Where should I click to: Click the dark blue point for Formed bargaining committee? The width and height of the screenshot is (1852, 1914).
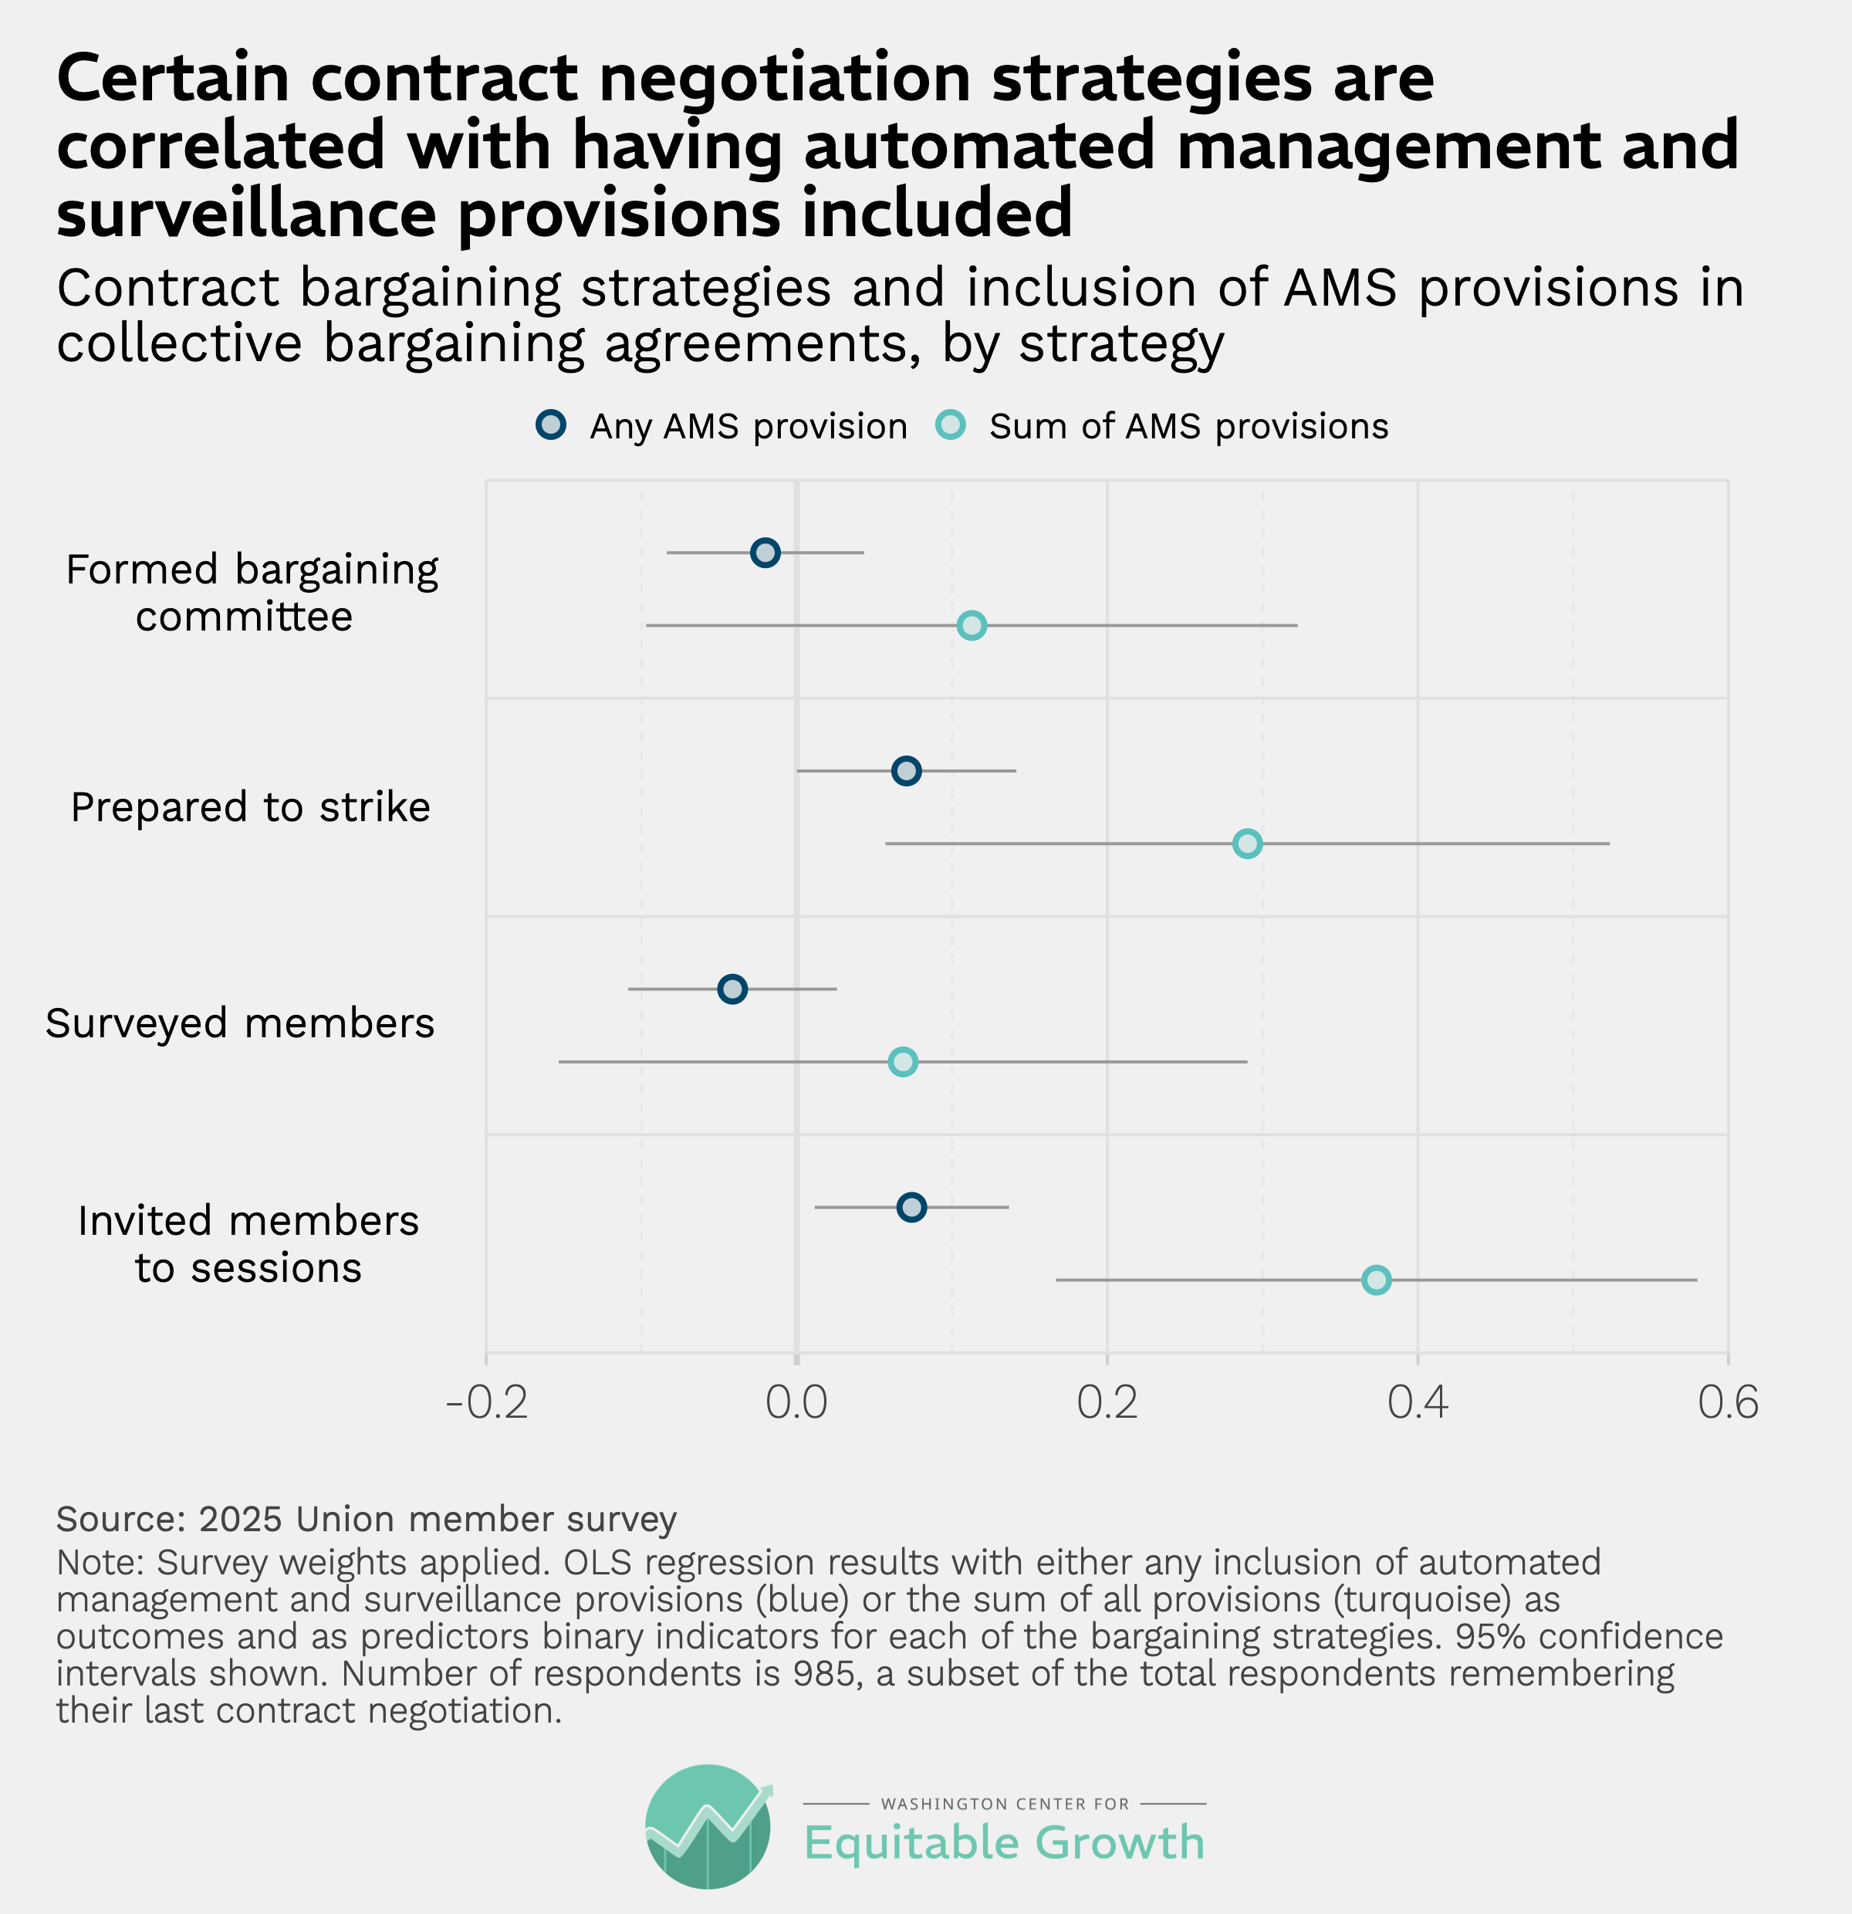(x=765, y=553)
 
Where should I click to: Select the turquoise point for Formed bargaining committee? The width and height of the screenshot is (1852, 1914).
(x=972, y=626)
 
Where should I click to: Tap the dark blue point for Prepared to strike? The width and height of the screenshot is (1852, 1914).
(x=906, y=772)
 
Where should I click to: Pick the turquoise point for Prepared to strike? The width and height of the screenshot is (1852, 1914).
(x=1247, y=844)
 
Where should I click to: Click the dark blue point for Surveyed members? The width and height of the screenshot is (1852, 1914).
(x=732, y=989)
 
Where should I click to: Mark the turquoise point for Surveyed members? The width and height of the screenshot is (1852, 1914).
(x=903, y=1061)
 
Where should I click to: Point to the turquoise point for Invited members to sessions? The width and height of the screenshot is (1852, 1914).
(x=1377, y=1280)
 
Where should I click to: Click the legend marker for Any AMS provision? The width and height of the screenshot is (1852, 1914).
(x=551, y=426)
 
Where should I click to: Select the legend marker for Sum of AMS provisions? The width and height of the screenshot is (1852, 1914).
(x=950, y=426)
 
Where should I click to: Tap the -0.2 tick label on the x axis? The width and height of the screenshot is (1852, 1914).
(x=486, y=1403)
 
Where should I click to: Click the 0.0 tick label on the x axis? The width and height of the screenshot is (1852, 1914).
(x=796, y=1403)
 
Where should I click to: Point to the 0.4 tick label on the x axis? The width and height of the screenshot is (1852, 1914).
(x=1418, y=1403)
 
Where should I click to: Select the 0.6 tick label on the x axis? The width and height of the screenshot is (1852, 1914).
(x=1728, y=1403)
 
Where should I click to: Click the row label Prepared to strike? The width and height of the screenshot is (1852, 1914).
(x=250, y=807)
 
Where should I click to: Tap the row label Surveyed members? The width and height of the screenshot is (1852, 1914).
(x=239, y=1023)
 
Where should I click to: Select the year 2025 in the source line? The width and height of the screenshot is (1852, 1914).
(x=240, y=1520)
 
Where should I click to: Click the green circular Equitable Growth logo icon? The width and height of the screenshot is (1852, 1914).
(x=708, y=1826)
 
